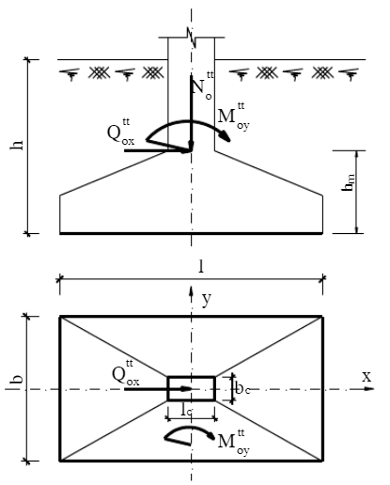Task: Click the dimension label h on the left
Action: tap(17, 145)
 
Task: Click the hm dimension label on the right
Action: tap(349, 182)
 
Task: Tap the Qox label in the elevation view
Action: tap(121, 132)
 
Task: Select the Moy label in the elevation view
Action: tap(234, 117)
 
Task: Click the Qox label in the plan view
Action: tap(126, 373)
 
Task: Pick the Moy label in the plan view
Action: tap(234, 443)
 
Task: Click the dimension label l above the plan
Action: tap(201, 267)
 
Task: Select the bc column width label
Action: tap(242, 388)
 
